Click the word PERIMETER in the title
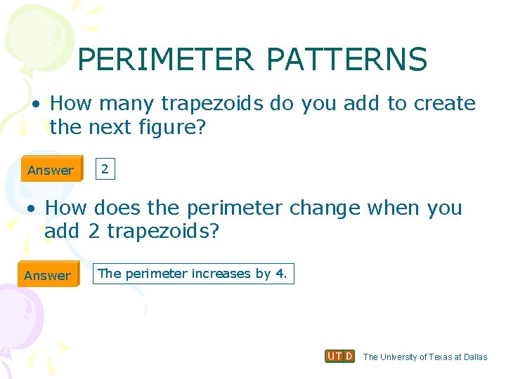[165, 60]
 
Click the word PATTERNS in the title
[346, 60]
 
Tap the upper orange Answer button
[51, 170]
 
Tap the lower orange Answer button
[48, 275]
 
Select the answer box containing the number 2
[104, 168]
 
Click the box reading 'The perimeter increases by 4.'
[193, 274]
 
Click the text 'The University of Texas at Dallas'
[424, 357]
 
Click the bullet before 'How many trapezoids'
[34, 104]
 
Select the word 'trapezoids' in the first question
[213, 104]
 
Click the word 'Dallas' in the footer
[475, 357]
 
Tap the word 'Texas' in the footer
[440, 357]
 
